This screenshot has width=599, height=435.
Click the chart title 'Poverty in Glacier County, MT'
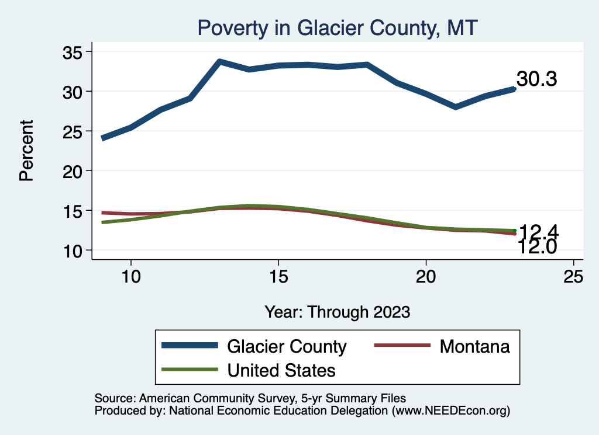point(338,27)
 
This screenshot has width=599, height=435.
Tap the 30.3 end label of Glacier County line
point(536,79)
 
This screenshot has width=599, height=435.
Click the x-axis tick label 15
point(278,276)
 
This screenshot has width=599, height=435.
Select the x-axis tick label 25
point(574,276)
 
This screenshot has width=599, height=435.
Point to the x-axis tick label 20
point(426,276)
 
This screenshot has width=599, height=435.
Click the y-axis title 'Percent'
point(26,151)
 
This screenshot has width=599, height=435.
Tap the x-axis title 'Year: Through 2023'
point(337,311)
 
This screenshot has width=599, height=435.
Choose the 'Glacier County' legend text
point(287,346)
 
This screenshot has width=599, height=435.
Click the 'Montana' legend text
point(474,346)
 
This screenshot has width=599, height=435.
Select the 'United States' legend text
point(281,370)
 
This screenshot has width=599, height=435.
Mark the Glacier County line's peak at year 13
point(219,61)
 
